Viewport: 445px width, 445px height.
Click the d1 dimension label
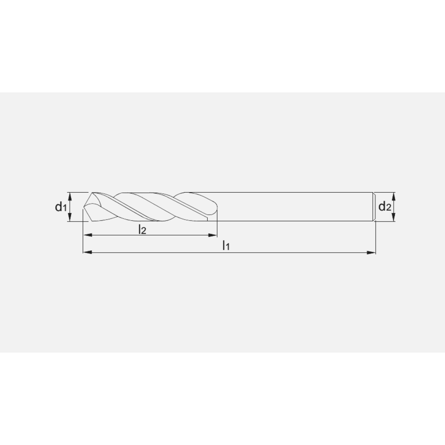point(61,207)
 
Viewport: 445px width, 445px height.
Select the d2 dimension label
point(385,206)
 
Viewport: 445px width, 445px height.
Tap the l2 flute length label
point(142,229)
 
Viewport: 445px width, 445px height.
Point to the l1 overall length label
point(226,245)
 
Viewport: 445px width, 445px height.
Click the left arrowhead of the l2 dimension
point(87,235)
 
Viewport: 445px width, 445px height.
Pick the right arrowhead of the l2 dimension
point(213,235)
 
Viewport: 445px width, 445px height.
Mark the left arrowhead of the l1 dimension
point(87,252)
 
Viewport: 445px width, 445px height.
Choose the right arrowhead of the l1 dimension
point(371,252)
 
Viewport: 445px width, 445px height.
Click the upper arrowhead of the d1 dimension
point(70,196)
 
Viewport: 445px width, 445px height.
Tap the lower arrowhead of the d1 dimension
point(70,217)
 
